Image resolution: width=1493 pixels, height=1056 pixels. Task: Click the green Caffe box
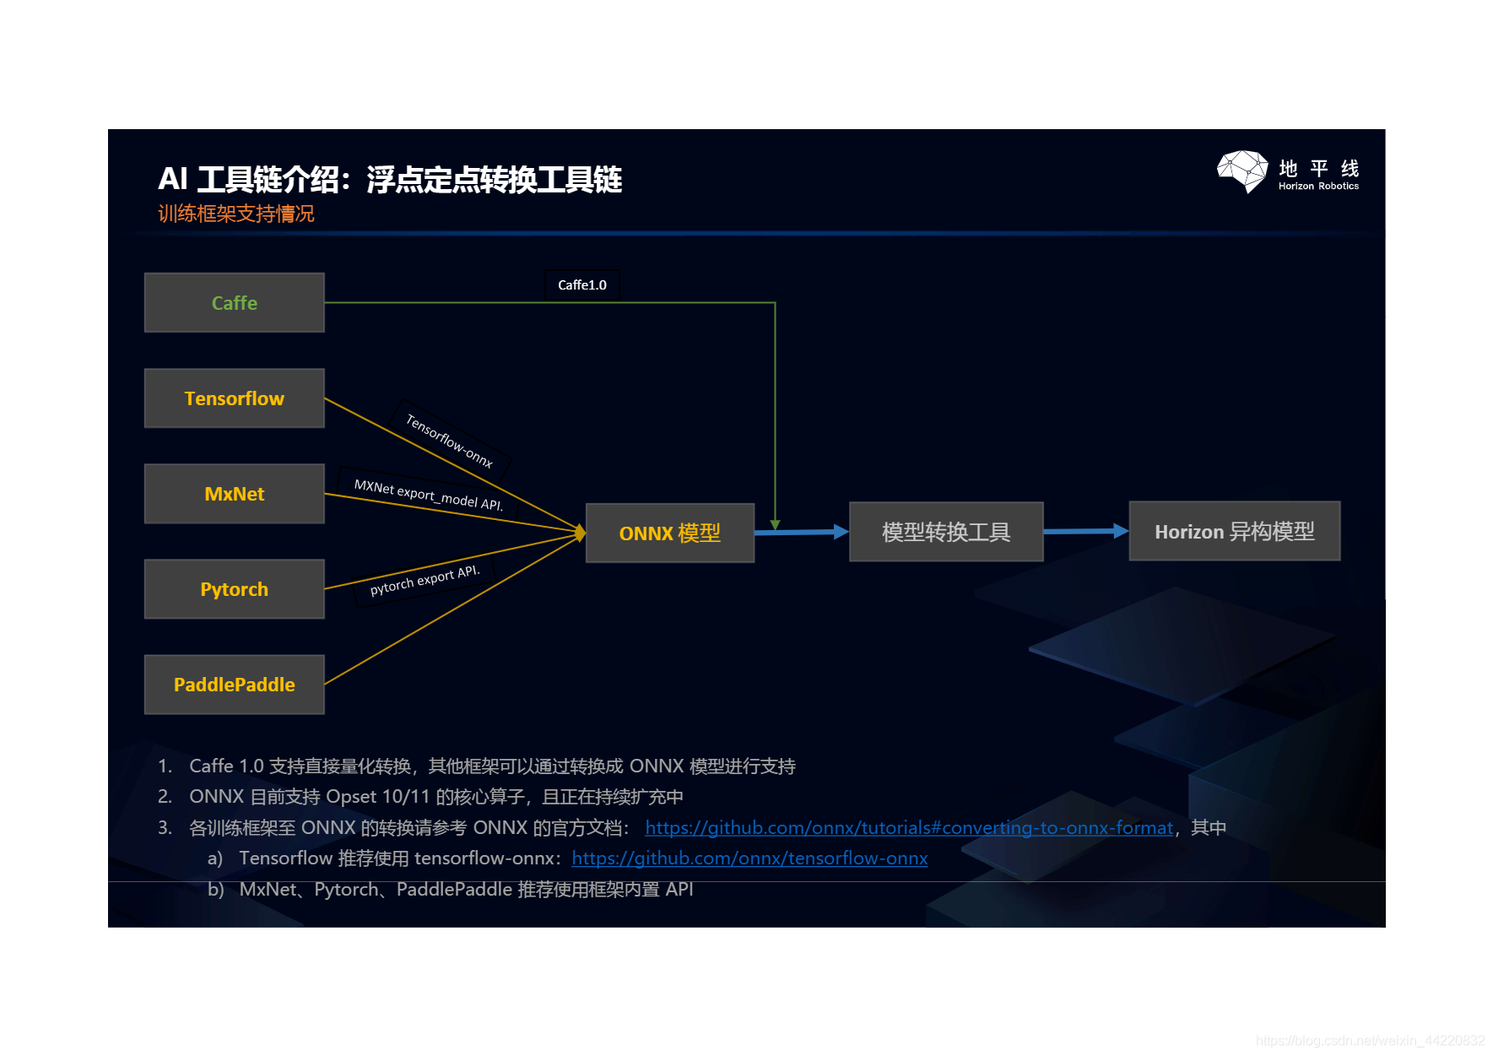coord(234,303)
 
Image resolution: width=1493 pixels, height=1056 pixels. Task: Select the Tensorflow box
coord(234,398)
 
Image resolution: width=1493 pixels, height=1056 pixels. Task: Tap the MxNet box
coord(234,494)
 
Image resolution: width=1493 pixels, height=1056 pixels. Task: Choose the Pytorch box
coord(234,589)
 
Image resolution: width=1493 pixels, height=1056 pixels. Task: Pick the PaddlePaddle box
coord(234,685)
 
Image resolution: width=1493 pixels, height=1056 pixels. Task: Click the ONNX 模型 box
coord(669,533)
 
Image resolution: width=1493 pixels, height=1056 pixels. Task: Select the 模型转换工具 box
coord(945,532)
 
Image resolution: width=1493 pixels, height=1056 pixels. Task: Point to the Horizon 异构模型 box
coord(1234,532)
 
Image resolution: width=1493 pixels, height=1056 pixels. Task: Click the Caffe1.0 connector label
coord(582,285)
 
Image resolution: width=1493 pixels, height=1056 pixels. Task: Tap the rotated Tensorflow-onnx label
coord(449,440)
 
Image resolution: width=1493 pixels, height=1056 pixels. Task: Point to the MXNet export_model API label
coord(428,495)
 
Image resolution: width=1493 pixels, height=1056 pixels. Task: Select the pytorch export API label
coord(425,580)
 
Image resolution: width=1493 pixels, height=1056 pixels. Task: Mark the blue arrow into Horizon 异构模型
coord(1085,531)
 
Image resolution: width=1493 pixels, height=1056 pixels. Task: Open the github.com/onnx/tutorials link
coord(908,828)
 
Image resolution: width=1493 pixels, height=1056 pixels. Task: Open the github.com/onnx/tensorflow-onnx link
coord(749,858)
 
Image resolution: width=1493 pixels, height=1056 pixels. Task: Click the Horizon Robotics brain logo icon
coord(1242,171)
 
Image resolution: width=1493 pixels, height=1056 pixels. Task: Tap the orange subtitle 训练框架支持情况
coord(236,214)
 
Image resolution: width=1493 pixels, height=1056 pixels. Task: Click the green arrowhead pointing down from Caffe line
coord(775,525)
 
